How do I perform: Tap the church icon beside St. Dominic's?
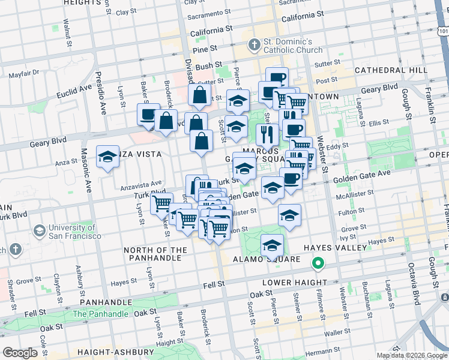[x=254, y=45]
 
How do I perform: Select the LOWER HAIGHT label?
[x=294, y=283]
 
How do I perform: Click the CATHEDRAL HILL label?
[x=391, y=70]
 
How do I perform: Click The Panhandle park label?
[x=100, y=314]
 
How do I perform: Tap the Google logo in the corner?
[x=20, y=353]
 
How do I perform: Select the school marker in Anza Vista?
[x=107, y=158]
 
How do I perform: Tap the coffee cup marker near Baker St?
[x=147, y=114]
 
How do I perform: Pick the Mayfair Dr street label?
[x=24, y=73]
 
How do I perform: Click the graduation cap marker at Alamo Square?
[x=272, y=245]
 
